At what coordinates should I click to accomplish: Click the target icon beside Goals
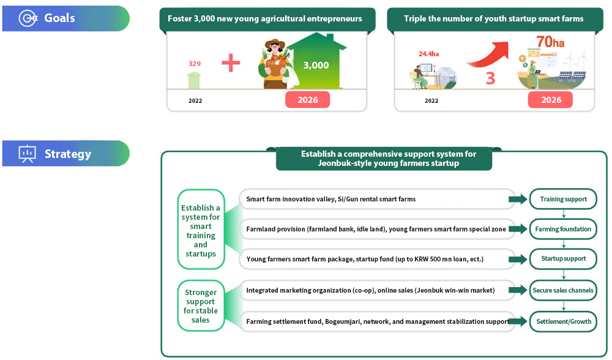(x=28, y=18)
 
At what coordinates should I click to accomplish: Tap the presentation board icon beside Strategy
(x=27, y=154)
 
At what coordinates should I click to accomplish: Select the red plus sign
(x=231, y=63)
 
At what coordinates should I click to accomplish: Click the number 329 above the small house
(x=195, y=64)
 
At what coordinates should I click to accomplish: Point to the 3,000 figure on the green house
(x=316, y=66)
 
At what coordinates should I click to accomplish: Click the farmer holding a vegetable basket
(x=275, y=64)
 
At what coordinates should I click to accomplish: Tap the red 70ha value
(x=550, y=42)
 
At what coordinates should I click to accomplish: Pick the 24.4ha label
(x=428, y=54)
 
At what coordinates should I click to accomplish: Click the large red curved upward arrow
(x=488, y=54)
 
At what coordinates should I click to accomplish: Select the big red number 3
(x=491, y=78)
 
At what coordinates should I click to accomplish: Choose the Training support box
(x=563, y=199)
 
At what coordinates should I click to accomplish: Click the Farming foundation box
(x=563, y=229)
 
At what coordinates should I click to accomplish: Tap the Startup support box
(x=563, y=259)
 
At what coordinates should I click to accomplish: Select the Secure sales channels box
(x=563, y=290)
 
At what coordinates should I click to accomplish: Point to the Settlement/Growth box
(x=563, y=322)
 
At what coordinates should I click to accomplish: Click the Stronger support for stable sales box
(x=201, y=306)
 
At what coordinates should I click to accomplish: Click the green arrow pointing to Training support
(x=518, y=199)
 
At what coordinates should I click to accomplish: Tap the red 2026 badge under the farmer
(x=308, y=100)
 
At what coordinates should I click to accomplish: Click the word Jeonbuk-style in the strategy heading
(x=344, y=163)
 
